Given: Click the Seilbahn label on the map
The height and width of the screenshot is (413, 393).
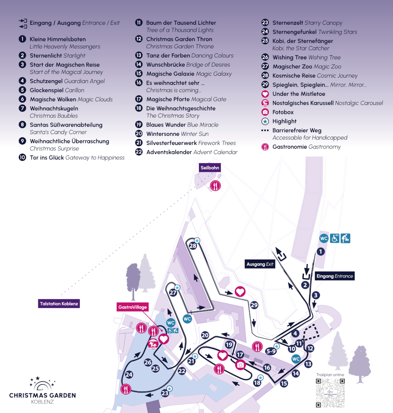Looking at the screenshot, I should tap(210, 168).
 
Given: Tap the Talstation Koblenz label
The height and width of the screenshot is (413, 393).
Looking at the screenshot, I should tap(59, 304).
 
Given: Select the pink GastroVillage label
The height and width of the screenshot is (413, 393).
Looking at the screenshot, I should tap(133, 307).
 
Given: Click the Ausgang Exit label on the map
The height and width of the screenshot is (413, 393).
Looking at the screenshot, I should tap(260, 264).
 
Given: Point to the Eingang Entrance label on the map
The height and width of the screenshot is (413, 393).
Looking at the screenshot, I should tap(334, 276).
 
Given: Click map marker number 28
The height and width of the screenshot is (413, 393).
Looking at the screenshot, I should tap(193, 246).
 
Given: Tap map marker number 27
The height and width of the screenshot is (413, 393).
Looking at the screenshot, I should tap(173, 293).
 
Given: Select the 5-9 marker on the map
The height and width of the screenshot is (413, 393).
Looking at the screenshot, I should tap(271, 351).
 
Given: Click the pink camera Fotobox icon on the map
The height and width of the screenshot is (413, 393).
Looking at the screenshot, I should tap(241, 365).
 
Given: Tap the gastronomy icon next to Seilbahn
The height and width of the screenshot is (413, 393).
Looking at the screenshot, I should tap(215, 186).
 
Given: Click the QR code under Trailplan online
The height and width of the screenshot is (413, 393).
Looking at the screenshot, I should tap(330, 393).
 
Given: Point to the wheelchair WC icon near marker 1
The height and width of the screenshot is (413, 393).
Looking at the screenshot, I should tap(334, 238).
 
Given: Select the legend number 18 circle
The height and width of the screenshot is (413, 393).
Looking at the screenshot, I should tap(139, 108).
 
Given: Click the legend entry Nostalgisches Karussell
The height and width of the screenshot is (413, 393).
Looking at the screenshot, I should tap(303, 103).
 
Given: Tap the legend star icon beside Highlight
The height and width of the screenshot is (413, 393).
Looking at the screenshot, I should tap(265, 121).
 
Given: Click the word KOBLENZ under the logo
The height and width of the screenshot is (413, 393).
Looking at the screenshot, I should tap(42, 402).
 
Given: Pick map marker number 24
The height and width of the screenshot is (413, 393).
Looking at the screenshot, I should tap(129, 375).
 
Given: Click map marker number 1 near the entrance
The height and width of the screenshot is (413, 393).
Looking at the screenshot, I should tap(321, 252).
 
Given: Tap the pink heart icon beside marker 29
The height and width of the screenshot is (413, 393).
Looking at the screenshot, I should tap(240, 292).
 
